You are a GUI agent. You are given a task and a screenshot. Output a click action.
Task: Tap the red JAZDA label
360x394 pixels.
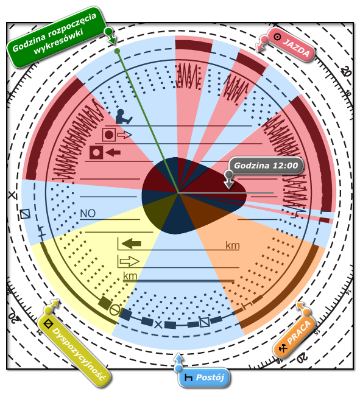[291, 44]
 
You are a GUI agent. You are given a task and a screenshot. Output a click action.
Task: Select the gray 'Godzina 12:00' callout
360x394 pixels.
[266, 166]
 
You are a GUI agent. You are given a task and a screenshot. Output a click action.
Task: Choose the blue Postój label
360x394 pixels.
[204, 378]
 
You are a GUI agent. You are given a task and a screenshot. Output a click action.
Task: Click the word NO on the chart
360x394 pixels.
[88, 214]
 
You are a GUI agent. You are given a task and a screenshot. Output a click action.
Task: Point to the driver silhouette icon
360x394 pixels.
[123, 116]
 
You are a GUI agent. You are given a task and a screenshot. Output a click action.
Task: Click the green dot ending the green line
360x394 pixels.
[117, 51]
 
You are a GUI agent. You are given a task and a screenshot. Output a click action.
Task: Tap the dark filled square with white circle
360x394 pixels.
[96, 152]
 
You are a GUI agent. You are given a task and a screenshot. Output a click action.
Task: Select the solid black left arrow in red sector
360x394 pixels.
[113, 152]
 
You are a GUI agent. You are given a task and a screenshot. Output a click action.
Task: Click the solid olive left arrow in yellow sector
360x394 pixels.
[131, 244]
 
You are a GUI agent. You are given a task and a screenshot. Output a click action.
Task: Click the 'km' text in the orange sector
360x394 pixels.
[233, 245]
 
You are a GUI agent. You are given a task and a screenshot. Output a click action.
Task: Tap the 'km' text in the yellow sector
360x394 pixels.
[130, 276]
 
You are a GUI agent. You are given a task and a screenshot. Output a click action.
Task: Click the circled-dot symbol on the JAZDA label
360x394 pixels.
[277, 37]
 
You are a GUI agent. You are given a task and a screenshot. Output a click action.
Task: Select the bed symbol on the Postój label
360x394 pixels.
[188, 378]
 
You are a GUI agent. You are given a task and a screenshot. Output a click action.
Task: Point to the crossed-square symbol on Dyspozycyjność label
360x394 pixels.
[48, 323]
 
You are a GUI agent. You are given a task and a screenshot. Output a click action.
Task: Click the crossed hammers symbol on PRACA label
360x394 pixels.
[283, 348]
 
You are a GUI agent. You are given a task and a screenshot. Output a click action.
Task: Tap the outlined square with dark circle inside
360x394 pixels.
[109, 135]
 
